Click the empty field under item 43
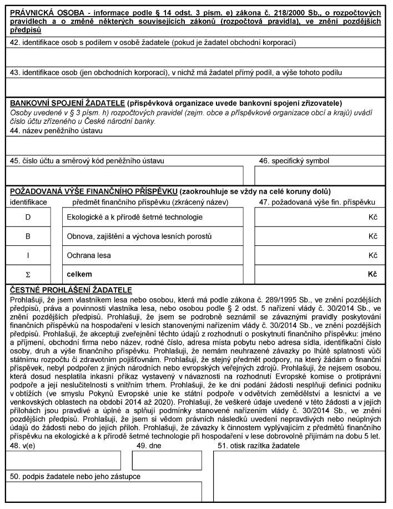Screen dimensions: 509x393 coord(196,87)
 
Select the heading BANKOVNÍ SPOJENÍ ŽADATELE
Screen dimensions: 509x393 coord(67,103)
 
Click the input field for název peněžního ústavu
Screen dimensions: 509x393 coord(196,144)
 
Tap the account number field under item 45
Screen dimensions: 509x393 coord(125,174)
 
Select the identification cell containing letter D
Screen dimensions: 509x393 coord(28,217)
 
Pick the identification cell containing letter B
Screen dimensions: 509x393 coord(28,236)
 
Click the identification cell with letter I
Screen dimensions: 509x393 coord(28,255)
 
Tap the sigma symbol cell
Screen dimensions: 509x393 coord(28,274)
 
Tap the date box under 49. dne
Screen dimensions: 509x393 coord(167,460)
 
